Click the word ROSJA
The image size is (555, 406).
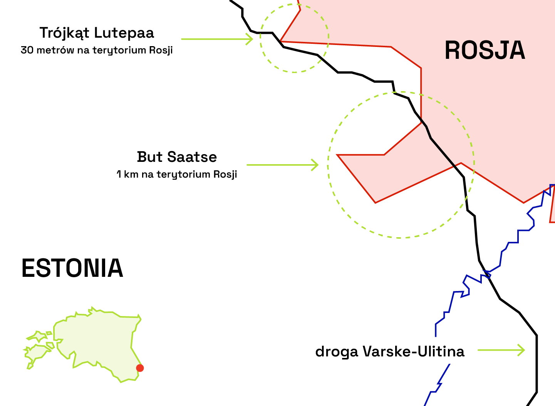click(x=485, y=50)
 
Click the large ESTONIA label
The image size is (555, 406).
click(x=72, y=268)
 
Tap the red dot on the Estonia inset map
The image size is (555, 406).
click(x=140, y=368)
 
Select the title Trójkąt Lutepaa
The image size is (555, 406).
click(x=97, y=33)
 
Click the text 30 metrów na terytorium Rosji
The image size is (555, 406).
click(x=97, y=50)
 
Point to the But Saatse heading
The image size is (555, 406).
click(x=177, y=157)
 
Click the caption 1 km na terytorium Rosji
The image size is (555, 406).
click(x=177, y=174)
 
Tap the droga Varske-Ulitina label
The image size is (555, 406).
click(x=390, y=351)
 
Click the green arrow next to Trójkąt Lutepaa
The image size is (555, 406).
click(x=217, y=39)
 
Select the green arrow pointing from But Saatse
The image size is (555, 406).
click(x=282, y=165)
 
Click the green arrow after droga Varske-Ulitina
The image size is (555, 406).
click(x=501, y=350)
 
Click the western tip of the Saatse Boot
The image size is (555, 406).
click(x=338, y=155)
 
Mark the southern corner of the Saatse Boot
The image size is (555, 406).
click(x=376, y=202)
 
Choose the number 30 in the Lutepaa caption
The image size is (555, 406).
click(x=27, y=50)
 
